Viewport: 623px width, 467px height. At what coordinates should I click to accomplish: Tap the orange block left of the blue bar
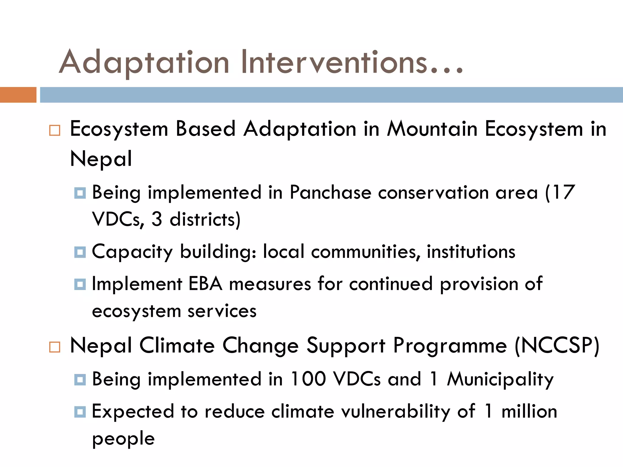click(18, 95)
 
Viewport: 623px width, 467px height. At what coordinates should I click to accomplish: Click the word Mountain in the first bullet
click(432, 129)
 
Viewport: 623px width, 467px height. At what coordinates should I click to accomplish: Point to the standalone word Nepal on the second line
click(101, 159)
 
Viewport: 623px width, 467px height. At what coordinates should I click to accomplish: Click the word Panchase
click(330, 192)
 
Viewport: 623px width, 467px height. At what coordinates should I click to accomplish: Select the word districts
click(204, 220)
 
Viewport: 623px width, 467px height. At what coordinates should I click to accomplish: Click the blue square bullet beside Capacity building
click(80, 252)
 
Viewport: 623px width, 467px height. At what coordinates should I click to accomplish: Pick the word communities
click(365, 252)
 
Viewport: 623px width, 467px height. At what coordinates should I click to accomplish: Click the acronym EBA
click(206, 284)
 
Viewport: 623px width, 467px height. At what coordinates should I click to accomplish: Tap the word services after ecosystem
click(222, 311)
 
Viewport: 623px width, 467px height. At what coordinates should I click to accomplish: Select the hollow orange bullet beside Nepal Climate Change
click(55, 347)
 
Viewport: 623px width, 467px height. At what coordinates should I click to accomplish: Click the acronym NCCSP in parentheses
click(557, 346)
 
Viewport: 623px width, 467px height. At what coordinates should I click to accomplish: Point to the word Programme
click(450, 346)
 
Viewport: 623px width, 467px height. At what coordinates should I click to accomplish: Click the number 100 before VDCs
click(308, 379)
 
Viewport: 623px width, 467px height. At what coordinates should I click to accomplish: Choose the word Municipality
click(500, 380)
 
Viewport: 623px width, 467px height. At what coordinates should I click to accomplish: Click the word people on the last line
click(124, 439)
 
